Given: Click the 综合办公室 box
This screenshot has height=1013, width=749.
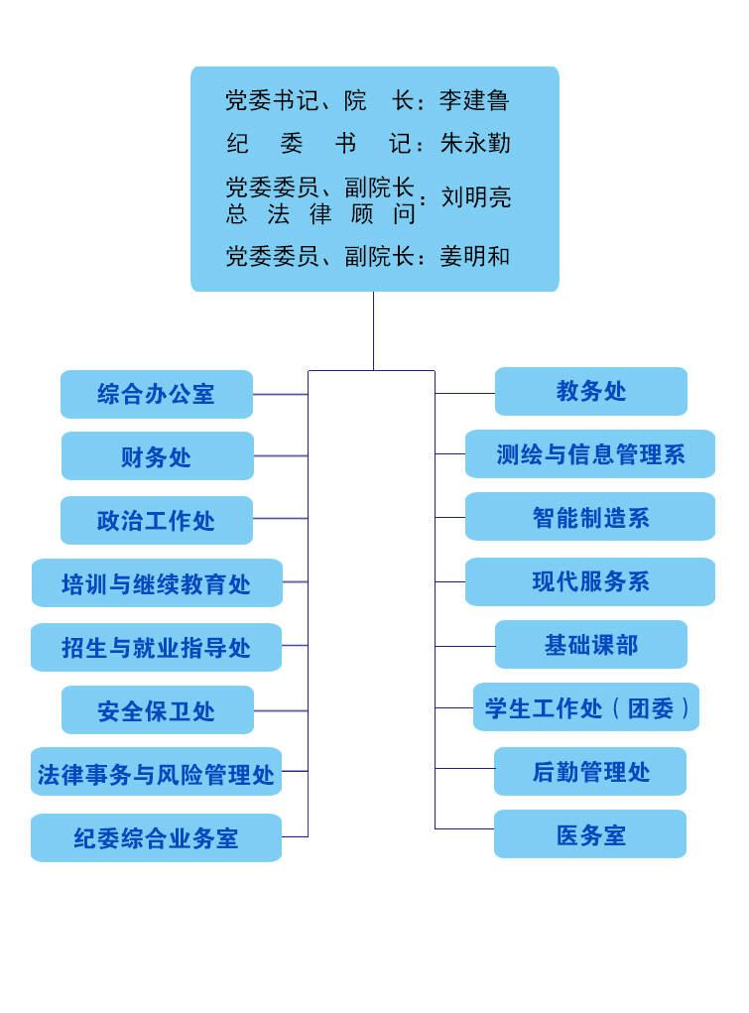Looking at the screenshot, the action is [x=157, y=394].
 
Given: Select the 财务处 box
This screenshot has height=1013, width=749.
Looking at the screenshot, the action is [x=157, y=456].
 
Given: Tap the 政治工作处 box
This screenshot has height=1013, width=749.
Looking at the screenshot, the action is [x=157, y=520].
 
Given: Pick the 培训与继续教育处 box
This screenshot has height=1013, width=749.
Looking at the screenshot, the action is [x=157, y=582].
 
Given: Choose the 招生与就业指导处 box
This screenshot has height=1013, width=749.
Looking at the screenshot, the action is [x=157, y=647].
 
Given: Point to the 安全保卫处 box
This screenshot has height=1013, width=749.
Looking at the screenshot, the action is [x=157, y=710].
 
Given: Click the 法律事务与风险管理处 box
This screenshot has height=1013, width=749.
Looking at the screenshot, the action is [x=157, y=772].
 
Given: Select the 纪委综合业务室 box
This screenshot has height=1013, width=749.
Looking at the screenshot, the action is [x=157, y=838].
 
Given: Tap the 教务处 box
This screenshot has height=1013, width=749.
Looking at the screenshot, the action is [x=590, y=391].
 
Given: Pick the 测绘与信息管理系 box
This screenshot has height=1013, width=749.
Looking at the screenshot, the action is [x=590, y=453].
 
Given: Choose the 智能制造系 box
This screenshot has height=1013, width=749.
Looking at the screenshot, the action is [x=590, y=516].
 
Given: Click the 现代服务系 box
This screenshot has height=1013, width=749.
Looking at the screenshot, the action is [x=590, y=581].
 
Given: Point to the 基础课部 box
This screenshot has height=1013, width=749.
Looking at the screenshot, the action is [x=590, y=644].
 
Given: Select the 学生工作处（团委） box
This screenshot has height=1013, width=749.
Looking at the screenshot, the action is [x=586, y=706].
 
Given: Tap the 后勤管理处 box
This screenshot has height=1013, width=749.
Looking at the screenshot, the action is [x=590, y=771].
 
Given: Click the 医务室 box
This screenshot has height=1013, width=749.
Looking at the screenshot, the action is [x=590, y=834].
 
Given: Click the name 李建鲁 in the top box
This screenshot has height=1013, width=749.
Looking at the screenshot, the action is [x=474, y=100].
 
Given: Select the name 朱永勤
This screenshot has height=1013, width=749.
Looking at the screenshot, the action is [x=475, y=143].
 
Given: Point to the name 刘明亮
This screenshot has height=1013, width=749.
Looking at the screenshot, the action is [x=475, y=197].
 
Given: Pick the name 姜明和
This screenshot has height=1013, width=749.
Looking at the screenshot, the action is [x=475, y=257].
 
